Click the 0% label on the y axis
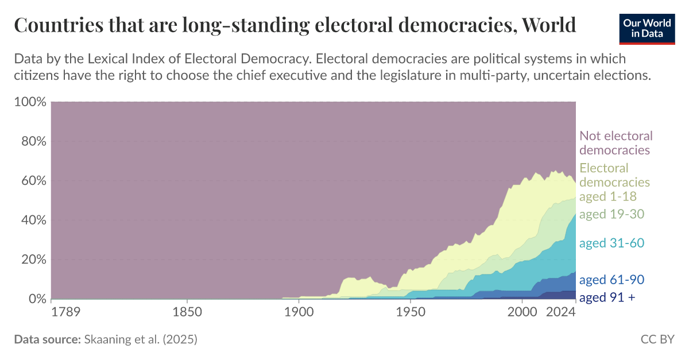coord(34,299)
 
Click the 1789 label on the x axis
coord(67,312)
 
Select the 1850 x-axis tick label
coord(187,312)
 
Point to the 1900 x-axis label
coord(299,312)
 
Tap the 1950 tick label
coord(410,312)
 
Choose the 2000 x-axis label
coord(522,312)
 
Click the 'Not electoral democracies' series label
coord(616,143)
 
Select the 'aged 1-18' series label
coord(608,196)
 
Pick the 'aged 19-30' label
coord(611,214)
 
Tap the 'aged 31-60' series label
coord(611,243)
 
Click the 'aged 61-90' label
coord(611,280)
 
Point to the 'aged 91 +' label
coord(607,297)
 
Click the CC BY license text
coord(657,339)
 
